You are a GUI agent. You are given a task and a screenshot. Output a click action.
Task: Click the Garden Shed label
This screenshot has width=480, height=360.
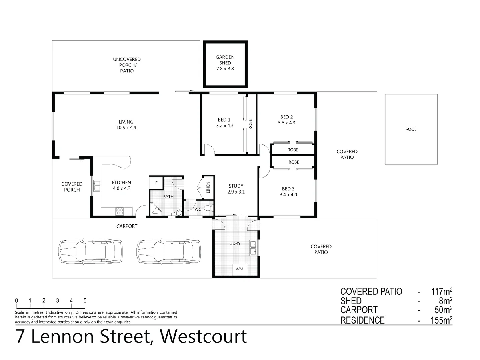coord(225,63)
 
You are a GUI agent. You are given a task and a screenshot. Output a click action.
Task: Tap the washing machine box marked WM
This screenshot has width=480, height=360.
coord(240,269)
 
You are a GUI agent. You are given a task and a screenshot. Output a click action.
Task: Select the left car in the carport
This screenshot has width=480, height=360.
coord(88,252)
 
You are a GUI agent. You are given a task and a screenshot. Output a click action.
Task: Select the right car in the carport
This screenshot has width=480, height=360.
coord(168,252)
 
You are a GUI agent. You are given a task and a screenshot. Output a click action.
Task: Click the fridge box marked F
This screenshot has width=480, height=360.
coord(156,182)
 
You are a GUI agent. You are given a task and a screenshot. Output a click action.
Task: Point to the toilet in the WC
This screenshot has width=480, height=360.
coord(207,208)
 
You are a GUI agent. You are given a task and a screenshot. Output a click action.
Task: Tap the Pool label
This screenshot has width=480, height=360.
coord(411,129)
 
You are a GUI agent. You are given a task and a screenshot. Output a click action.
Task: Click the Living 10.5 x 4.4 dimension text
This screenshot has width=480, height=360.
coord(126,128)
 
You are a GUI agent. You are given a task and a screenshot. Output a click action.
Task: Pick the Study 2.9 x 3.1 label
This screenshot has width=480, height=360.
coord(236,189)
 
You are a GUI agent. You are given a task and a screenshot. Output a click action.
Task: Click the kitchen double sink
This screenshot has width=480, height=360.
coord(97,186)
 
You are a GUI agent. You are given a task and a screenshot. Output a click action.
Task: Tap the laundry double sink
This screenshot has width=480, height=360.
coord(253,248)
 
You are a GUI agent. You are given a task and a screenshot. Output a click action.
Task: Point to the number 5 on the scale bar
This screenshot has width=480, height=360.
coord(85,300)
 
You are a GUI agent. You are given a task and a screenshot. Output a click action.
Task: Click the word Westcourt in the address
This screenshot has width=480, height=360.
coord(203,337)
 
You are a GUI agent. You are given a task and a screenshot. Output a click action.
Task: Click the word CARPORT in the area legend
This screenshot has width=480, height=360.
coord(358,310)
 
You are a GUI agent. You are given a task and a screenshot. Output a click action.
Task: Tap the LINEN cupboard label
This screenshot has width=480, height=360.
coord(208,188)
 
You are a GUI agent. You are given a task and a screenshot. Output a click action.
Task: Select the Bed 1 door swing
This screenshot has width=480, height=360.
coord(209,150)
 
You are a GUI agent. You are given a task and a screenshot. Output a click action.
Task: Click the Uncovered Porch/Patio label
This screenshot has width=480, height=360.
coord(126,65)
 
